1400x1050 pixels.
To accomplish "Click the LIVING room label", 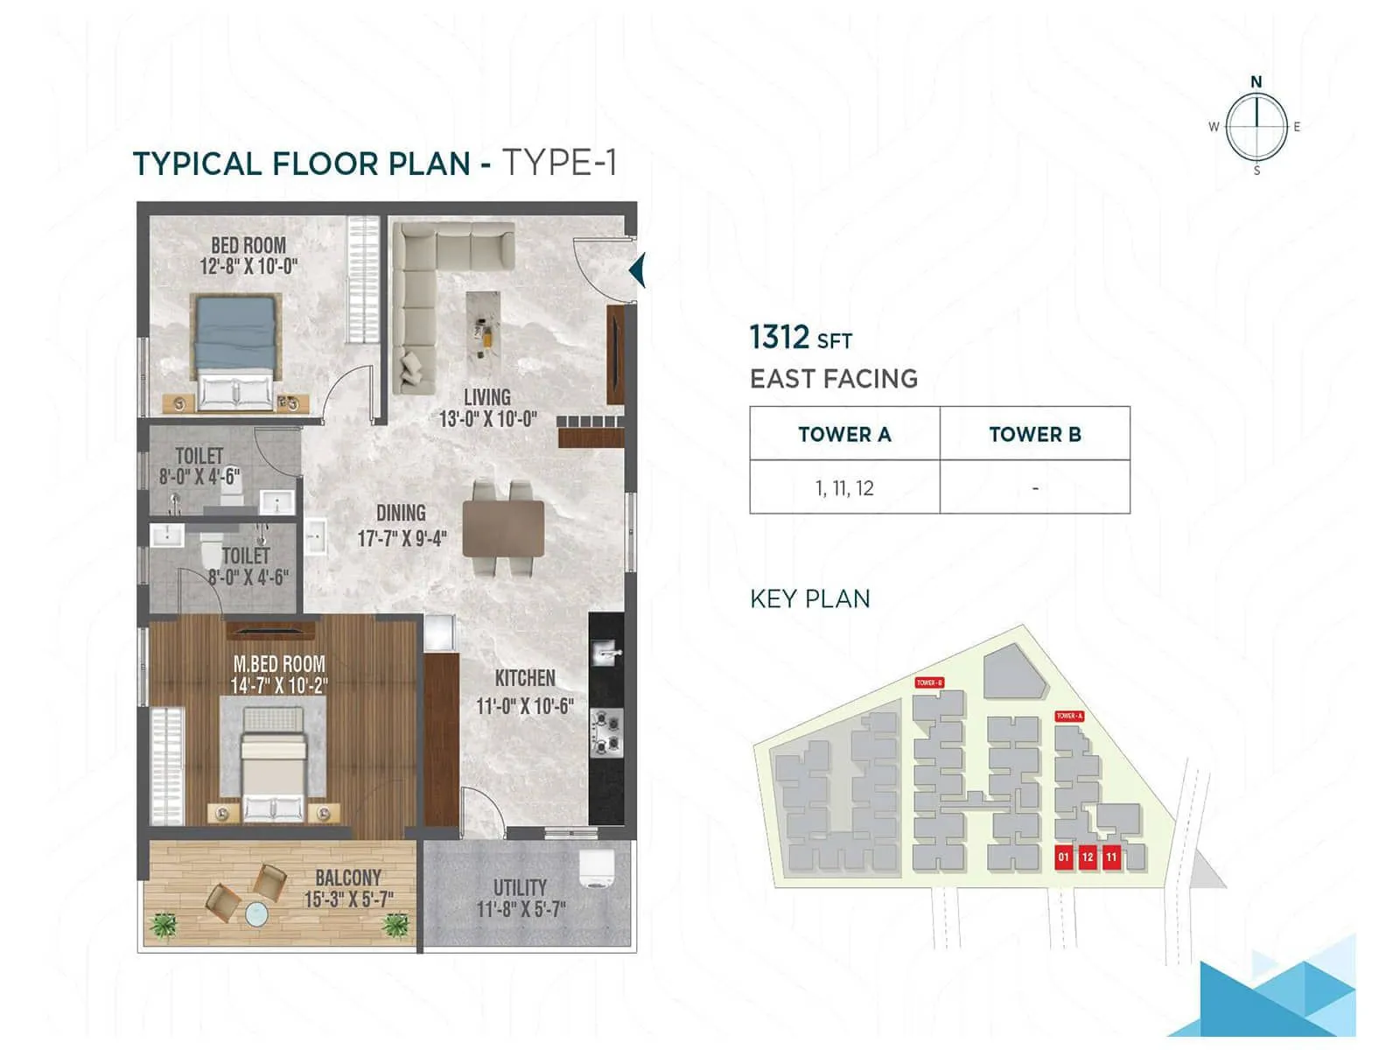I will [x=487, y=397].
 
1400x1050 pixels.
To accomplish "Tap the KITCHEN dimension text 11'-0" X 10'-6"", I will [x=524, y=706].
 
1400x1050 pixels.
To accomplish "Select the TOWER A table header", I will [x=844, y=434].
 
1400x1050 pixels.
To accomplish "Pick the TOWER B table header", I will [x=1035, y=434].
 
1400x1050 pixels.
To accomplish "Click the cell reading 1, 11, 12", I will [x=844, y=488].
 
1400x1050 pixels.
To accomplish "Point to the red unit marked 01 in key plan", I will [x=1064, y=857].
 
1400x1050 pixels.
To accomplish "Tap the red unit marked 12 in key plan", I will [x=1088, y=857].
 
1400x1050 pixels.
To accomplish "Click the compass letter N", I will [x=1256, y=82].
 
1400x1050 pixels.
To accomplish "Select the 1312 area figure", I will [x=780, y=337].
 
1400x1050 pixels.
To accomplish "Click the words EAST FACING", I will [x=834, y=379].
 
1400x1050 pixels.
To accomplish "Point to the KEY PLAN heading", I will [x=810, y=598].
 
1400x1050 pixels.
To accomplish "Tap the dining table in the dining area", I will [x=503, y=528].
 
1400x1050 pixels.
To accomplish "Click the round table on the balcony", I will [x=256, y=914].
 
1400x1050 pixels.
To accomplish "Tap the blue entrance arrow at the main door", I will [x=638, y=270].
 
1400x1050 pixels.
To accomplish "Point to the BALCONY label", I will [x=348, y=878].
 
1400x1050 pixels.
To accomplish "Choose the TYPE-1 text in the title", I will [x=559, y=163].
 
